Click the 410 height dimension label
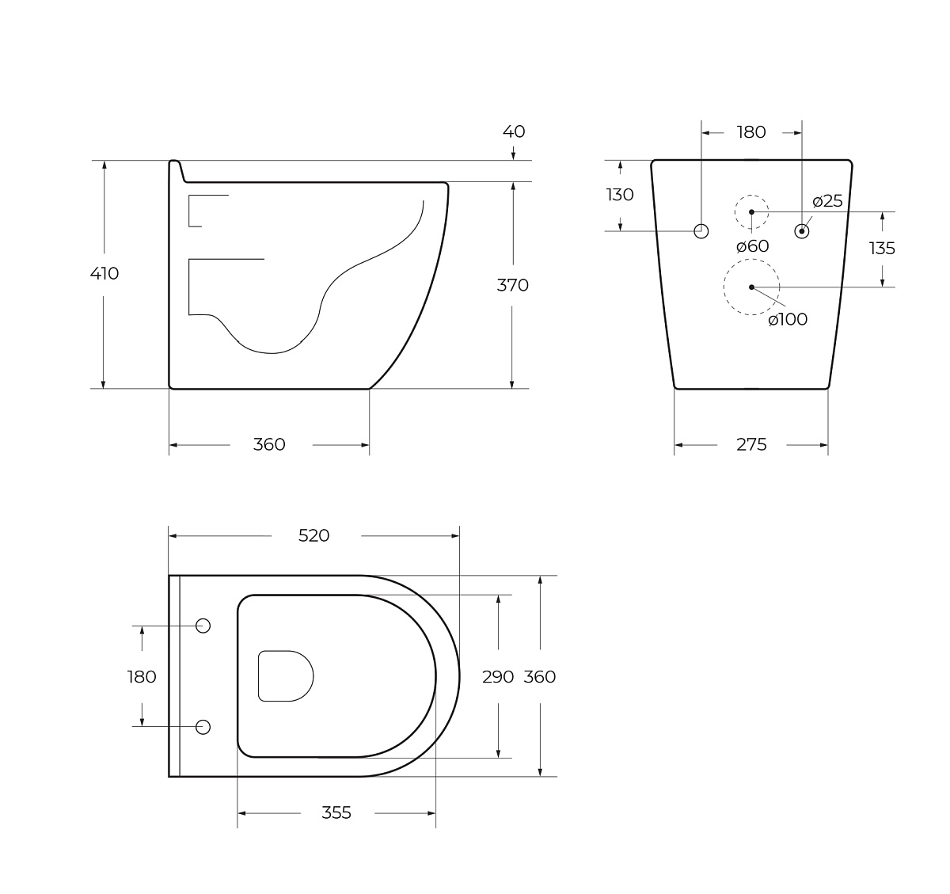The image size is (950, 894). pos(104,274)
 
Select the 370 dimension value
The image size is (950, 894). pos(513,285)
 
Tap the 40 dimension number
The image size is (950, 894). pos(514,131)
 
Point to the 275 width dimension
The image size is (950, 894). pos(751,444)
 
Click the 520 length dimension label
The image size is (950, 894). pos(313,535)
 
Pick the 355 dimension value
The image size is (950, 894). pos(336,812)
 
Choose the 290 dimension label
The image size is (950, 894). pos(498,677)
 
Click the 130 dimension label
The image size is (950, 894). pos(620,195)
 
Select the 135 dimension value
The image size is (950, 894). pos(882,249)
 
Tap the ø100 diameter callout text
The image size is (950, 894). pos(788,319)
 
